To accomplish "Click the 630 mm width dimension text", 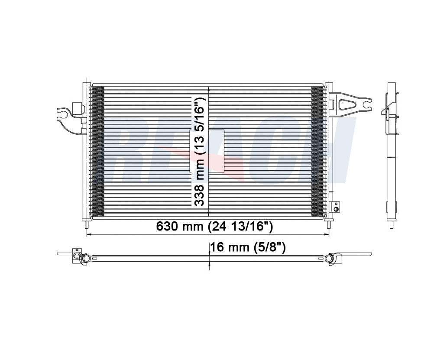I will [x=214, y=226].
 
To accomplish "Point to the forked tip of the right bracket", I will [x=367, y=104].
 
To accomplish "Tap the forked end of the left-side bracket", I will [x=61, y=116].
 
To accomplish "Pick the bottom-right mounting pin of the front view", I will [x=329, y=224].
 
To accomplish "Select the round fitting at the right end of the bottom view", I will [x=333, y=258].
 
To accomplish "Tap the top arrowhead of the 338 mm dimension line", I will [x=209, y=88].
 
